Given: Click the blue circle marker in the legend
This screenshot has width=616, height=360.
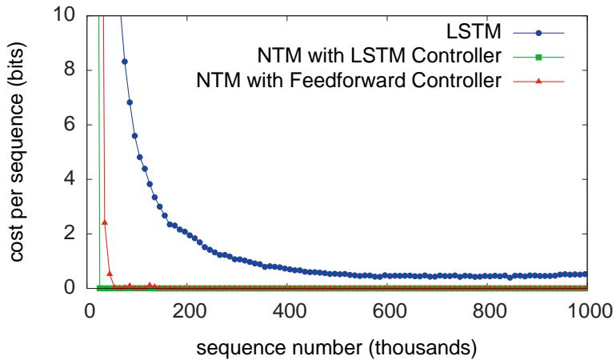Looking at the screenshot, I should tap(540, 33).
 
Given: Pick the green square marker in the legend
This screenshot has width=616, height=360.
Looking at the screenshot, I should tap(540, 57).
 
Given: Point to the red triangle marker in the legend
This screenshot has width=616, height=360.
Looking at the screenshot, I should tap(540, 81).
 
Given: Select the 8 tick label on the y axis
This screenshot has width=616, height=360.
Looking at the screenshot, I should tap(70, 70).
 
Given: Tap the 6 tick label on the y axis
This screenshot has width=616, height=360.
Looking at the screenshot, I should tap(70, 125).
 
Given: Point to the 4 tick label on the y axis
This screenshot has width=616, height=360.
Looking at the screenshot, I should tap(70, 179).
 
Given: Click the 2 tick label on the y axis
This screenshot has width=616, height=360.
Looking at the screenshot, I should tap(70, 234).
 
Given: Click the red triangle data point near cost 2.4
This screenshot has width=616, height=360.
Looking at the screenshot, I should tap(105, 222).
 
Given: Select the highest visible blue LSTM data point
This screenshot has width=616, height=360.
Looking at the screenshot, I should tap(125, 62).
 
